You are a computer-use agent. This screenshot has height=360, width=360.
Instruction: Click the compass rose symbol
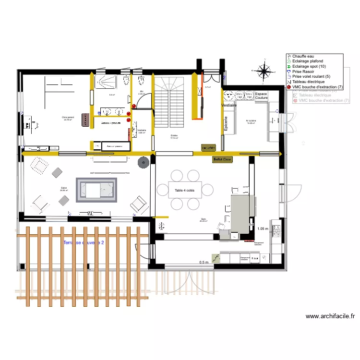click(x=264, y=71)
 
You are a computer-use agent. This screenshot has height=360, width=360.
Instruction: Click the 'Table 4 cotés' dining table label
click(x=185, y=191)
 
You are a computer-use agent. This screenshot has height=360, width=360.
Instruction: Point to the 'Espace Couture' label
click(x=261, y=96)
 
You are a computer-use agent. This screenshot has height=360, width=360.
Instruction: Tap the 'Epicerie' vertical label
click(x=226, y=124)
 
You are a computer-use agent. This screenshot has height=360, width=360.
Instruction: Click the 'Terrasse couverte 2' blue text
click(x=84, y=243)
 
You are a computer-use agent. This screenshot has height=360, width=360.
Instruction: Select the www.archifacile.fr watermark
click(x=330, y=316)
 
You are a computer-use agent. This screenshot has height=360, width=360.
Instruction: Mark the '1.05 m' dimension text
click(x=264, y=229)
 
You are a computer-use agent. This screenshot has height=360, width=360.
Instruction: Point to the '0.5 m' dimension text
click(x=204, y=262)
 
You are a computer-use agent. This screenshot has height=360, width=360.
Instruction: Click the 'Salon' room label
click(x=64, y=188)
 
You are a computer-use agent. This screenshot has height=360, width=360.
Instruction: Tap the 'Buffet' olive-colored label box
click(x=222, y=159)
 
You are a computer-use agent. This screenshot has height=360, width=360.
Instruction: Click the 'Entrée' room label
click(x=174, y=136)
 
